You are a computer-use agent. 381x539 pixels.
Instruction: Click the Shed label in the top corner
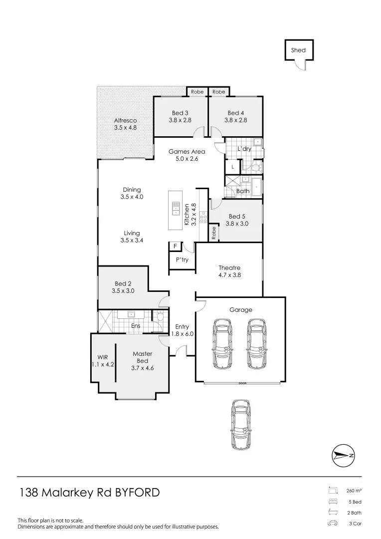[298, 50]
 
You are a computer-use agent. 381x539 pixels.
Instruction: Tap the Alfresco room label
[125, 120]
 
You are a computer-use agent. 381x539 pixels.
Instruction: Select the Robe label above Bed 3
[197, 92]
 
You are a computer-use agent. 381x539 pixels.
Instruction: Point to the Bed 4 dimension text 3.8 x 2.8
[235, 120]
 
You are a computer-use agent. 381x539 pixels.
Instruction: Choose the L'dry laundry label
[244, 149]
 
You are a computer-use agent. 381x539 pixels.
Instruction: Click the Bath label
[243, 191]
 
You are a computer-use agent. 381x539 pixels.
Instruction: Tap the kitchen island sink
[176, 208]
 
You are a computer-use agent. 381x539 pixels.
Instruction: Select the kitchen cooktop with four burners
[203, 217]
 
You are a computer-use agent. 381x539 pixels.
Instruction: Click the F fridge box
[175, 246]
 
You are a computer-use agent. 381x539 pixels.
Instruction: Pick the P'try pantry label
[181, 260]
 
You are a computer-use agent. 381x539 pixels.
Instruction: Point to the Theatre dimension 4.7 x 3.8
[229, 275]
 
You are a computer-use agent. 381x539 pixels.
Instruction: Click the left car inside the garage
[222, 343]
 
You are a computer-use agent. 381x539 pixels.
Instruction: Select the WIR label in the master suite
[103, 357]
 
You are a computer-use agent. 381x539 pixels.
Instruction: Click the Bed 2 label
[123, 283]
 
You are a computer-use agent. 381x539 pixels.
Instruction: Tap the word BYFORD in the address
[138, 493]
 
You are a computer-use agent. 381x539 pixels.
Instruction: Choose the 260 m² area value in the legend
[354, 491]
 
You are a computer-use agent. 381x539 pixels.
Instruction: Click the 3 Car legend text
[355, 524]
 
